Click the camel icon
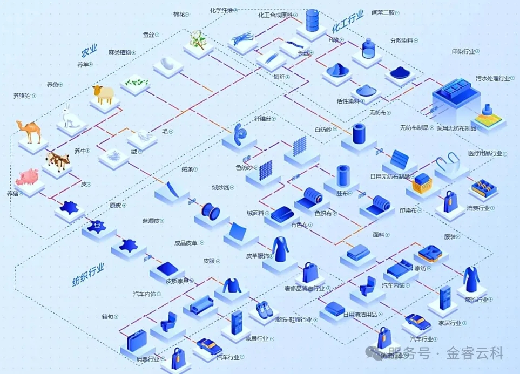[x=29, y=131]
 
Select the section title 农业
[x=89, y=52]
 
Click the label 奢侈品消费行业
[x=304, y=288]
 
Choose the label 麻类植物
[x=120, y=52]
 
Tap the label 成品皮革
[x=185, y=243]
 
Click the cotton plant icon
[x=197, y=39]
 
